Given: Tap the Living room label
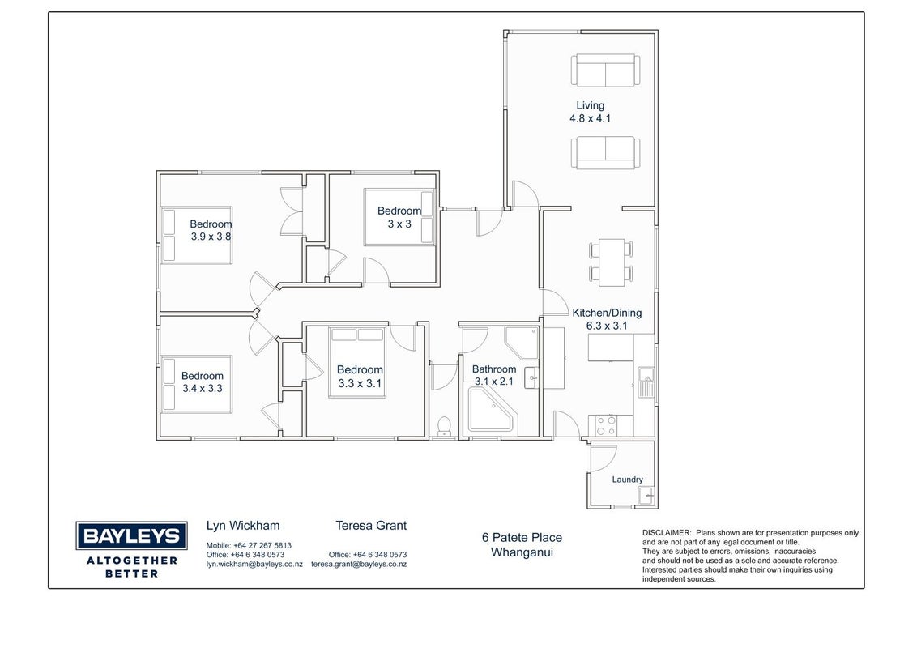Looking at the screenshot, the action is click(590, 105).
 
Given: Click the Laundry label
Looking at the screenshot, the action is click(627, 480).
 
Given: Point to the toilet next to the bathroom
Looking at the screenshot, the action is click(445, 426).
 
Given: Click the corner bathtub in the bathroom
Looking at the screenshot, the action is click(490, 410).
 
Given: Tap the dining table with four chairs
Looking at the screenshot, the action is click(611, 262).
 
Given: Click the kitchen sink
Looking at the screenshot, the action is click(646, 382).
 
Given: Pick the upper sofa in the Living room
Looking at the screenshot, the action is click(605, 70).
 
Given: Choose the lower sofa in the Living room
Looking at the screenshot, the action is click(605, 152).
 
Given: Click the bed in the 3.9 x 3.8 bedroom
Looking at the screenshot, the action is click(197, 235).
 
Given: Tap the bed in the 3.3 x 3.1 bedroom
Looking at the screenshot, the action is click(356, 363).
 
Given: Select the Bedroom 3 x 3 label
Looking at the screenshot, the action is click(399, 217).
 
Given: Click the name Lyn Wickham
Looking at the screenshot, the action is click(243, 525).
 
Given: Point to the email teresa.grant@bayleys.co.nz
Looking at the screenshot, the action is click(359, 565).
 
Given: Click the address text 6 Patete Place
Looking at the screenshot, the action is click(522, 537).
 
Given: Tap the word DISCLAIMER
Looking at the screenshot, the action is click(667, 533).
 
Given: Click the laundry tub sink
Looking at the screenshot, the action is click(646, 497).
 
